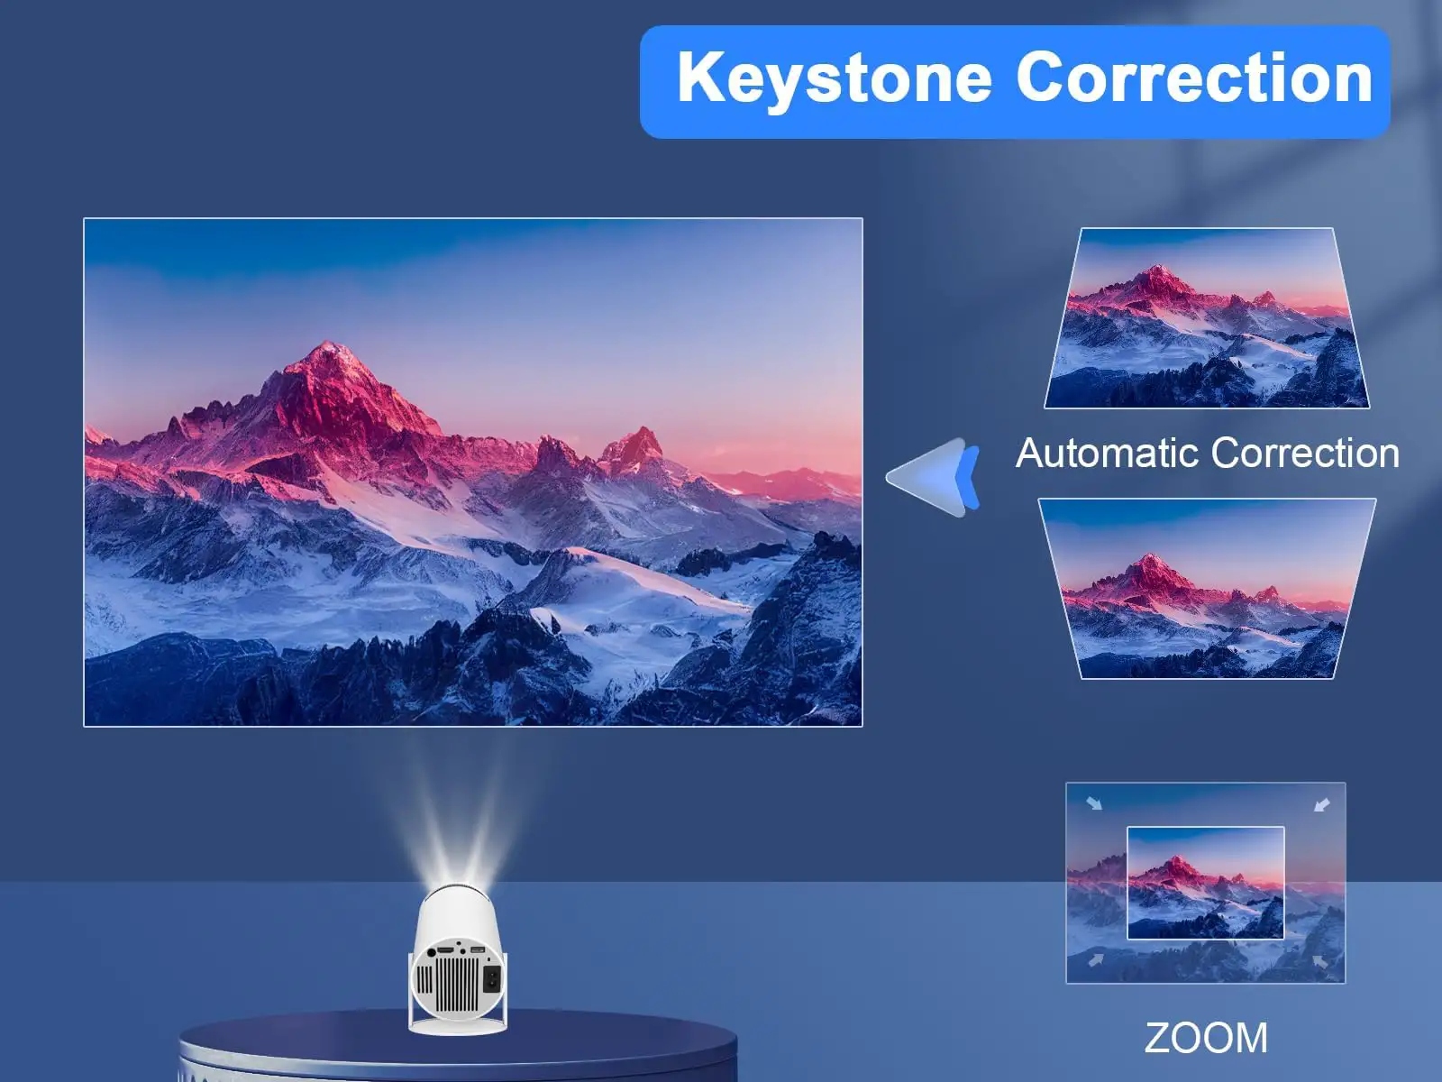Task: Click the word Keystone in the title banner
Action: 834,79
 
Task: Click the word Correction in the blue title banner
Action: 1194,78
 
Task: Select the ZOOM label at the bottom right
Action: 1206,1038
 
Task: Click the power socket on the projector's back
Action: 492,979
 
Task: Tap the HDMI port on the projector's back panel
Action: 445,949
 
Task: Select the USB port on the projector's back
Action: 478,949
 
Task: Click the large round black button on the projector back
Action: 432,952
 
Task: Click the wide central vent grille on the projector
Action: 457,985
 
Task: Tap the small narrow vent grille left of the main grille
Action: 424,979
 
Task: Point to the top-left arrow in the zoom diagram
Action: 1094,802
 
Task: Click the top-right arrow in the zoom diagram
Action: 1322,802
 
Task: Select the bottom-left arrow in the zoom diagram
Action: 1094,961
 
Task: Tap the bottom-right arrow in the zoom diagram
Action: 1321,961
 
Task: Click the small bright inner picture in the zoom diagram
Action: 1206,882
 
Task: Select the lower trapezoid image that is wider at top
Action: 1207,588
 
